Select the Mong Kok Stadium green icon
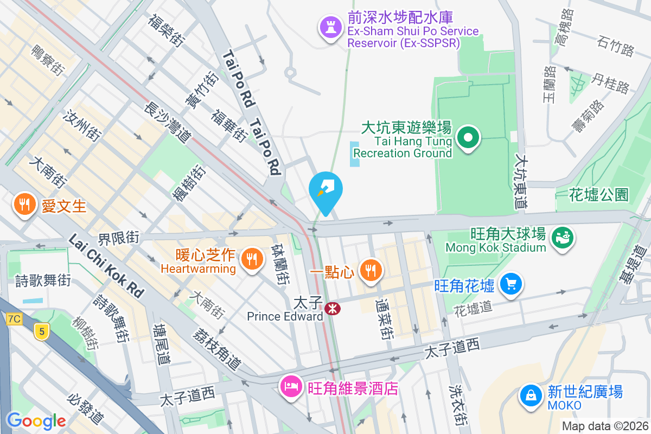(x=562, y=237)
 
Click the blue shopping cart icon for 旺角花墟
(x=511, y=284)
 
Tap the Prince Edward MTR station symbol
(x=333, y=309)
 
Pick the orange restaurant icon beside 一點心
(x=371, y=269)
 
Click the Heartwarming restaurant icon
(x=251, y=257)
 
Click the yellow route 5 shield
(x=40, y=331)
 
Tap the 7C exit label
(x=14, y=319)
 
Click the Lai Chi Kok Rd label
(x=106, y=266)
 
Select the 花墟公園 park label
(x=599, y=194)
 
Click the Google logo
(x=36, y=420)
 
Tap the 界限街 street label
(x=119, y=237)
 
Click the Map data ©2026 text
(x=605, y=426)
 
